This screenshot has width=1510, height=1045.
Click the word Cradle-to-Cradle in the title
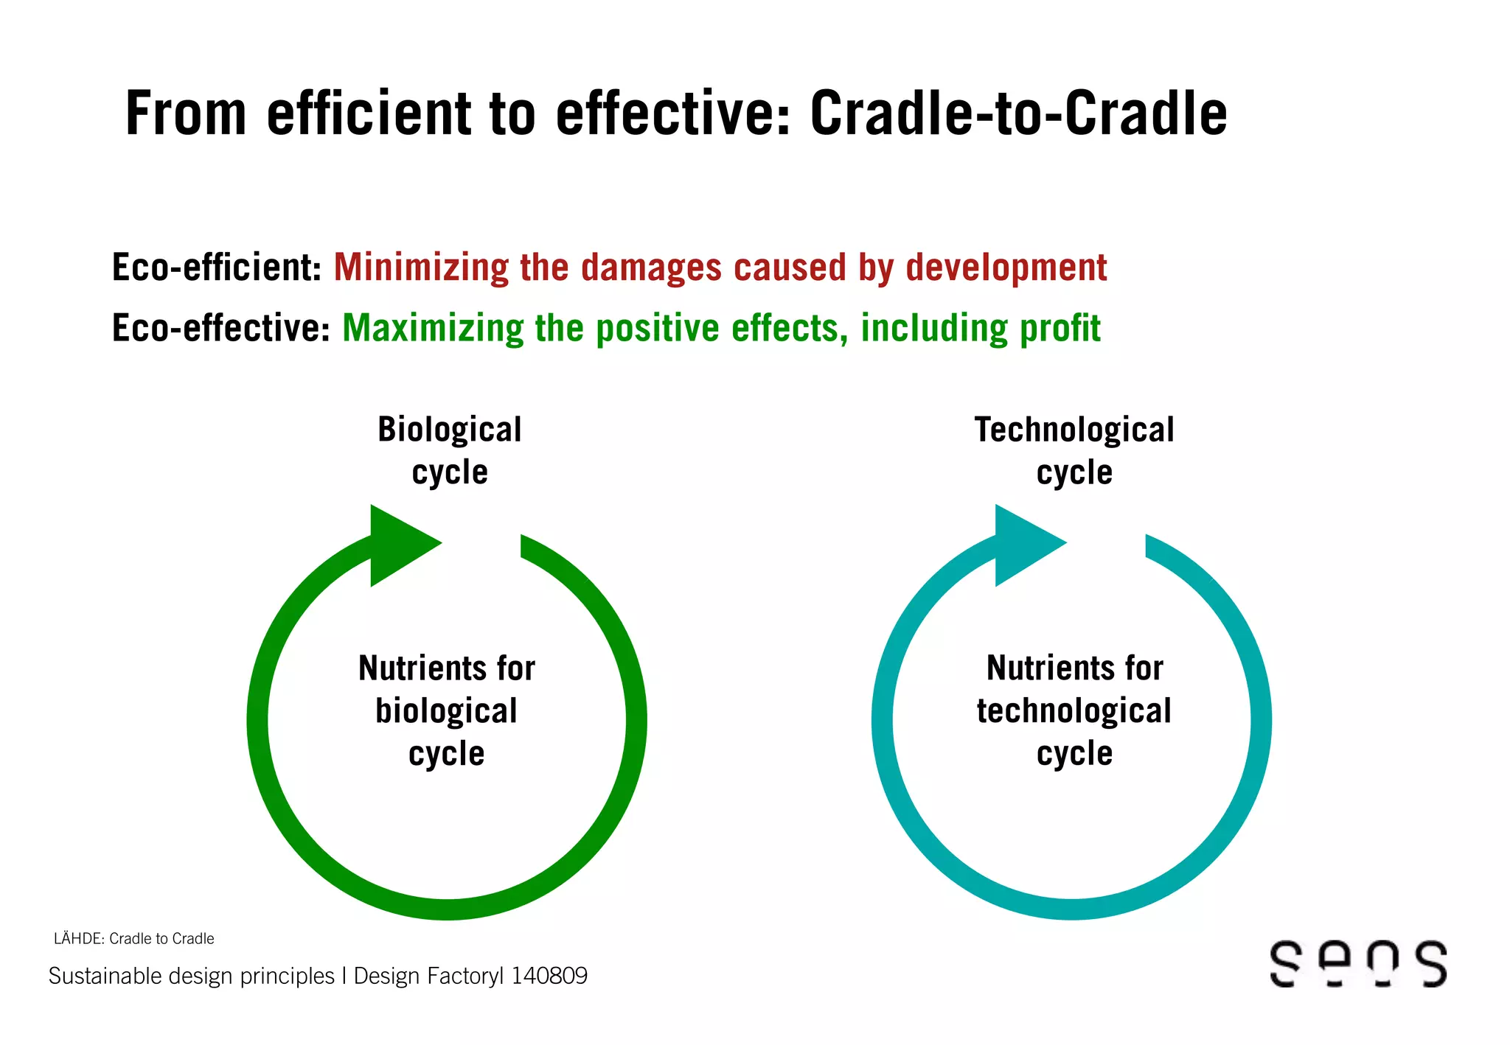point(1018,114)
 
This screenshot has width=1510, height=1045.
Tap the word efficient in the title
point(369,114)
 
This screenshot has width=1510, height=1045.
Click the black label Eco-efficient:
point(216,268)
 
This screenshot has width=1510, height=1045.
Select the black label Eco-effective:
point(220,328)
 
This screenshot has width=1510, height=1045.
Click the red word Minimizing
point(421,268)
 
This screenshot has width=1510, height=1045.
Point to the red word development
point(1006,268)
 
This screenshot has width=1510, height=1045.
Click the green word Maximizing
point(433,329)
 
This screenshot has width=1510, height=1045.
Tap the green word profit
point(1060,328)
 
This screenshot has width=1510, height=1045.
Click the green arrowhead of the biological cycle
point(399,545)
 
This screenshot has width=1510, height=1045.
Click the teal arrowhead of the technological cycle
point(1024,545)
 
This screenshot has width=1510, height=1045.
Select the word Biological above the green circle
point(449,430)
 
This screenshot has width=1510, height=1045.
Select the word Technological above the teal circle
point(1074,430)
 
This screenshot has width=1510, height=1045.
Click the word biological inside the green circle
point(446,711)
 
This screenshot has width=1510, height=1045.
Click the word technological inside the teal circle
point(1074,711)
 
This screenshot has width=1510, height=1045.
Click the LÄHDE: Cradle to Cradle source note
point(134,938)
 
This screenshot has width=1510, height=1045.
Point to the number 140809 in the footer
point(549,976)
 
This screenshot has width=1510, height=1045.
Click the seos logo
point(1358,963)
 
